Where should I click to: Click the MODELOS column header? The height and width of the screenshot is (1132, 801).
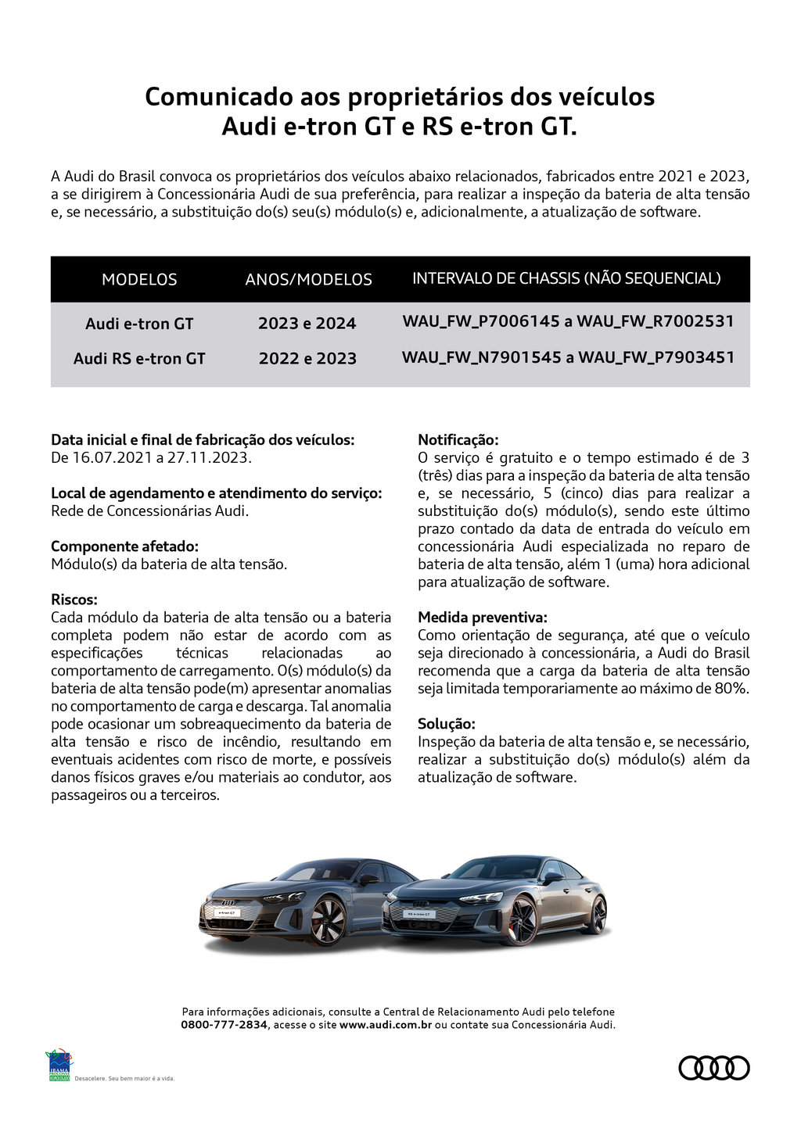(x=139, y=279)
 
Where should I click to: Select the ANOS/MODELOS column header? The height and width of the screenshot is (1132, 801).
(x=308, y=279)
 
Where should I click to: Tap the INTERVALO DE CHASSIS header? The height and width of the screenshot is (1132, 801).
(x=566, y=278)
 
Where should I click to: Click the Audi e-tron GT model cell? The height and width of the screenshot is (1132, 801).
(x=139, y=324)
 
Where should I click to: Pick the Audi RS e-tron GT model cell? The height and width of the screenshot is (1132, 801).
(x=139, y=359)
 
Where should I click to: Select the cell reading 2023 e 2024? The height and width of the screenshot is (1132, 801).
(x=307, y=324)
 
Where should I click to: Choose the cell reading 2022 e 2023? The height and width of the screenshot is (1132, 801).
(x=307, y=359)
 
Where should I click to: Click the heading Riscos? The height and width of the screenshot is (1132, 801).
(x=74, y=600)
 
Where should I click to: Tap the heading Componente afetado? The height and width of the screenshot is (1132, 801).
(x=124, y=546)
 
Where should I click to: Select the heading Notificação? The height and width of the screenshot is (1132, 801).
(x=458, y=440)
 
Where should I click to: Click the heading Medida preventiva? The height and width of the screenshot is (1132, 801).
(x=482, y=618)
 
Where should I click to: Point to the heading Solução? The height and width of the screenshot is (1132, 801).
(x=446, y=724)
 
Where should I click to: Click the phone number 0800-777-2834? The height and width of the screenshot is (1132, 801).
(x=224, y=1025)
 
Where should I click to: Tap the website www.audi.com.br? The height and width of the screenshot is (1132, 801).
(x=386, y=1025)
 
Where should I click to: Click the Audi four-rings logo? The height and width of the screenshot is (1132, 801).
(x=713, y=1068)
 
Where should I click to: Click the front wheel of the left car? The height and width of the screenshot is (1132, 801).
(x=327, y=920)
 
